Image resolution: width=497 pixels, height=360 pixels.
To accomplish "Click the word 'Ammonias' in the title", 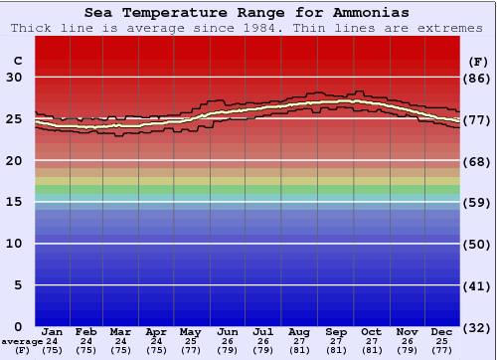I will point(370,13).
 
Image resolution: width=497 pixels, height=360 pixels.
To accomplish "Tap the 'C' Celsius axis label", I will point(16,61).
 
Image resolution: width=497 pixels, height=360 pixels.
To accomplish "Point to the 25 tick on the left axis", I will point(14,119).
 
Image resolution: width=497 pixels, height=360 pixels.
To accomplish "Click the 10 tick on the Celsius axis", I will point(14,244).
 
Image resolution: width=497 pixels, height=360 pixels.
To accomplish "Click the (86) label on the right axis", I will point(477,78).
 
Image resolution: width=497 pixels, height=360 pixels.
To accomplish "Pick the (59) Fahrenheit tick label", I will point(477,203).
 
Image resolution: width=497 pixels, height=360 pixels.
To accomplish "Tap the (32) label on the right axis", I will point(477,327).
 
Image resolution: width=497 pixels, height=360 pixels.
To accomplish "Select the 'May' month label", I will point(190,331).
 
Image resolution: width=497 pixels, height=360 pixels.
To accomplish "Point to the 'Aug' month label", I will point(299,331).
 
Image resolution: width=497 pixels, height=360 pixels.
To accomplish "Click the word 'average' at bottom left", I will point(22,341).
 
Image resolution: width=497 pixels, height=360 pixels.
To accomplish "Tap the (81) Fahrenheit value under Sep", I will point(335,350).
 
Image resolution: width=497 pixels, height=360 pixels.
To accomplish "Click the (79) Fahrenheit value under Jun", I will point(227,350).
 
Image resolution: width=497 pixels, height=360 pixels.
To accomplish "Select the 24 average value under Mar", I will point(120,341).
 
